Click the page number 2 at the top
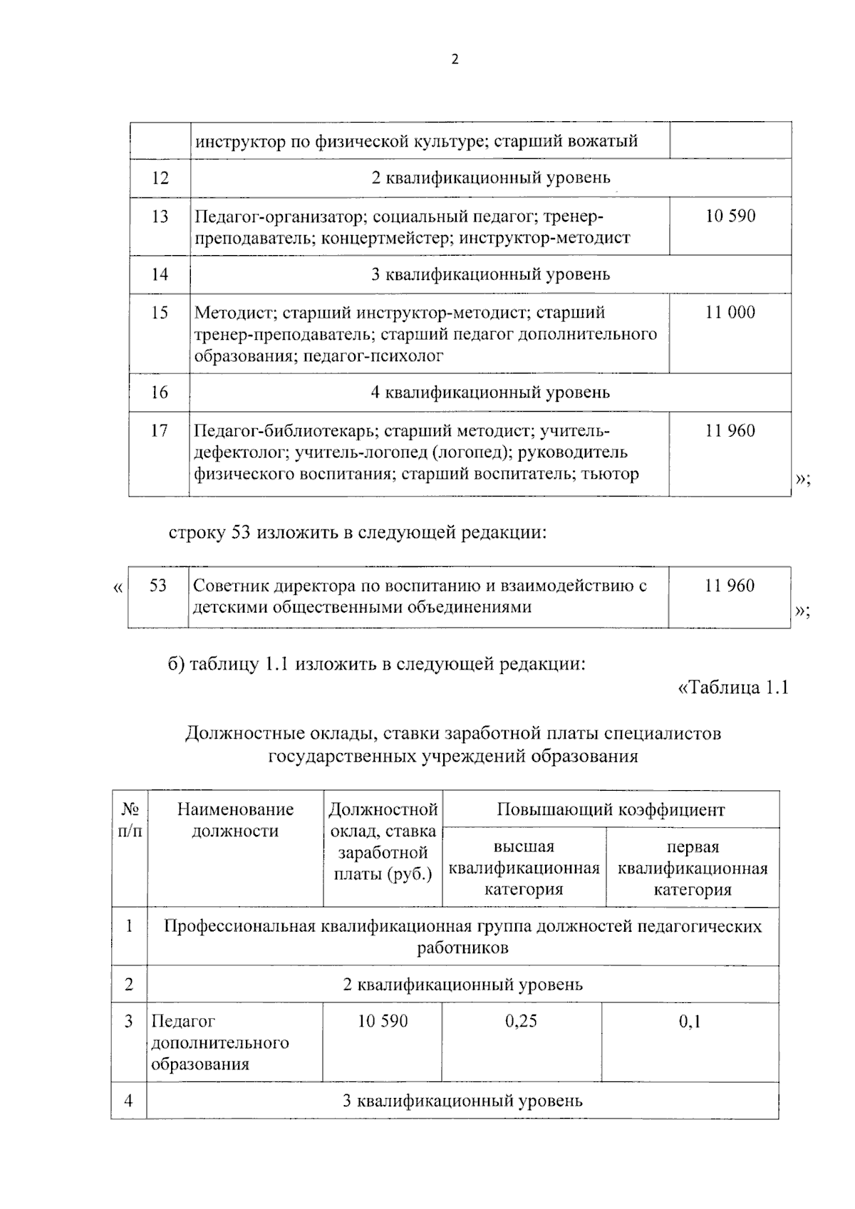455,60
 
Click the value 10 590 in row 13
730,216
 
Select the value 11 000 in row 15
730,312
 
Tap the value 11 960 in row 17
730,430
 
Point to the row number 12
160,177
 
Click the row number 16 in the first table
160,392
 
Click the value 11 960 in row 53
730,586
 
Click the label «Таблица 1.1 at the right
732,688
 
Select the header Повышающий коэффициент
611,809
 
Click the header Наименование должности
235,820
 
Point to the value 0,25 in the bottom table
521,1021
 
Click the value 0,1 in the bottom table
690,1022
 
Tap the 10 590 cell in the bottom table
383,1021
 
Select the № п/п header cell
129,820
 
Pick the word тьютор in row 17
611,474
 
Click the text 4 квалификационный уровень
490,392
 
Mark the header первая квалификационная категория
693,868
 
